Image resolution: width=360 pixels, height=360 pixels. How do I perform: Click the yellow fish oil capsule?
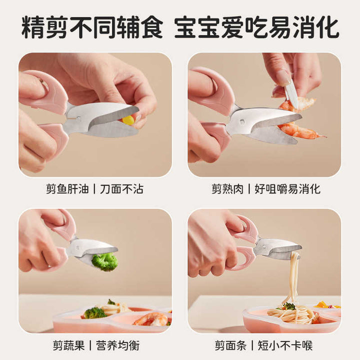click(128, 120)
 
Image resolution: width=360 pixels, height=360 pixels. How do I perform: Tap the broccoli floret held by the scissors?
click(104, 261)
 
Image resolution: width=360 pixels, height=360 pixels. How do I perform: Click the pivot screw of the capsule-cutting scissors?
click(78, 118)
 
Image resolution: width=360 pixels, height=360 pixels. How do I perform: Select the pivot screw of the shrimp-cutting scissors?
click(241, 121)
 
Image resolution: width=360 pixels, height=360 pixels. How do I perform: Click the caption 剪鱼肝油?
click(67, 189)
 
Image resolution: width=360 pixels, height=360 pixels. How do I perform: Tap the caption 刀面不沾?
click(121, 189)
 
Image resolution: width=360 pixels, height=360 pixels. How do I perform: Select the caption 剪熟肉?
click(227, 189)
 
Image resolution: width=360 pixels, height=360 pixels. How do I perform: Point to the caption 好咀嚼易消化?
click(287, 189)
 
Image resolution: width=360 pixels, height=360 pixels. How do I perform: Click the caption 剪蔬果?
click(68, 345)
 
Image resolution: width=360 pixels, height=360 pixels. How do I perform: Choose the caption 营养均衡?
click(117, 345)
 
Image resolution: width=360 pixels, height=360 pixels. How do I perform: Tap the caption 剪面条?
click(230, 345)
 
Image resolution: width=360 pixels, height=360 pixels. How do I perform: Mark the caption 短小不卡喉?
click(285, 345)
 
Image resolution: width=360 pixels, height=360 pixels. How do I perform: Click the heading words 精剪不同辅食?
click(92, 27)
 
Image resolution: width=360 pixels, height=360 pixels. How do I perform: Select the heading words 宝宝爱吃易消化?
click(256, 27)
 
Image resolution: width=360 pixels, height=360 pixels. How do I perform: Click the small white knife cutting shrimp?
click(291, 93)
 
